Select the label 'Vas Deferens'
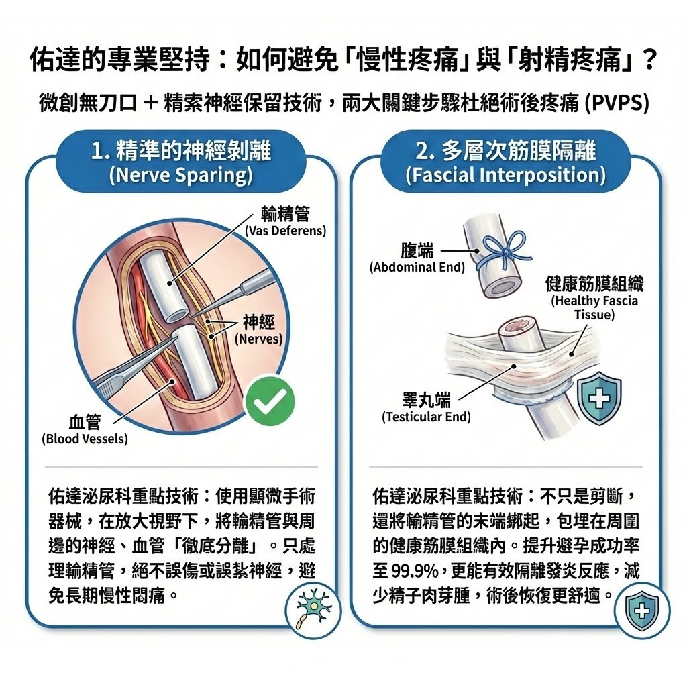point(285,231)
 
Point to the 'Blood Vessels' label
point(85,439)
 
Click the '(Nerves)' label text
point(258,339)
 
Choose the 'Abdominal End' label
point(417,268)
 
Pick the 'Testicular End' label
point(426,417)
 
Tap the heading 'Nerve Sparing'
point(180,176)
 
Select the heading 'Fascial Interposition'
point(505,176)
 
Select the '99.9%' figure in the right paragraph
point(411,572)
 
